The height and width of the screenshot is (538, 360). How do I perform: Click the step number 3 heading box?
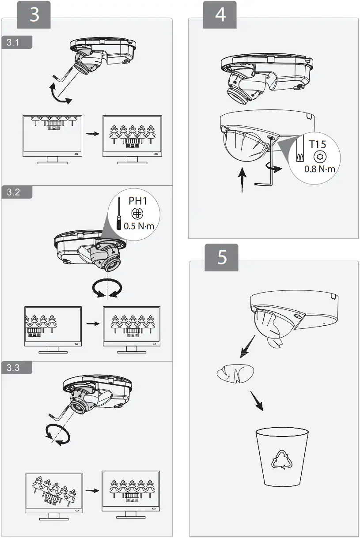[x=34, y=15]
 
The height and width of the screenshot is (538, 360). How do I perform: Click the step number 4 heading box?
[x=220, y=15]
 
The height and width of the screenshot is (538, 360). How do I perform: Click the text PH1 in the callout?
[x=138, y=201]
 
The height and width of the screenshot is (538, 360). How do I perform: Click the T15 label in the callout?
[x=318, y=144]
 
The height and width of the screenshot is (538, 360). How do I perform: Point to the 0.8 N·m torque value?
[x=320, y=169]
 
